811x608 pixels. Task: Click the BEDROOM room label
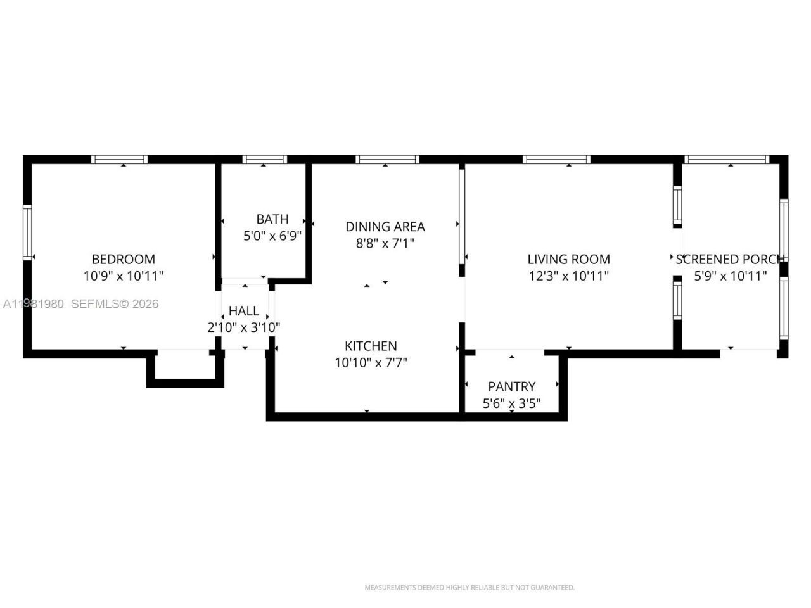click(x=123, y=259)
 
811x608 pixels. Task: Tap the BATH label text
click(x=272, y=219)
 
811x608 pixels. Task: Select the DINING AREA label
click(x=385, y=226)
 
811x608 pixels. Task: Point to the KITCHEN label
click(x=371, y=346)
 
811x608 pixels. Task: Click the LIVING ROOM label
click(x=568, y=259)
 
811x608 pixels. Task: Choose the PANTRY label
click(x=511, y=386)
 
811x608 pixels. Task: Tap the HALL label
click(x=244, y=311)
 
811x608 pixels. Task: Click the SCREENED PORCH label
click(x=730, y=259)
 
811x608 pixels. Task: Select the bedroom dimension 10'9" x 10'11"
click(x=123, y=276)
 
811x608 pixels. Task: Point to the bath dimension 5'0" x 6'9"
click(x=272, y=236)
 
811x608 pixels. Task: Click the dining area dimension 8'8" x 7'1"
click(x=385, y=243)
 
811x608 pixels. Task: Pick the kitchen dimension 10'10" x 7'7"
click(x=371, y=363)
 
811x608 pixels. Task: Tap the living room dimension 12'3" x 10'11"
click(x=568, y=276)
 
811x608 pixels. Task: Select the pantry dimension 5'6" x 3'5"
click(x=511, y=403)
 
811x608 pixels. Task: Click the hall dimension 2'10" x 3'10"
click(x=244, y=327)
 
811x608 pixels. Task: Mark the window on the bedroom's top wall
click(x=119, y=159)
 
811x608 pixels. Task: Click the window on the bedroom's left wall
click(x=27, y=232)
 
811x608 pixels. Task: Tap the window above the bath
click(x=264, y=159)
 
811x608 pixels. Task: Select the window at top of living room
click(x=557, y=159)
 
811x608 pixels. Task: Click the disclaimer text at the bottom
click(x=469, y=588)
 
